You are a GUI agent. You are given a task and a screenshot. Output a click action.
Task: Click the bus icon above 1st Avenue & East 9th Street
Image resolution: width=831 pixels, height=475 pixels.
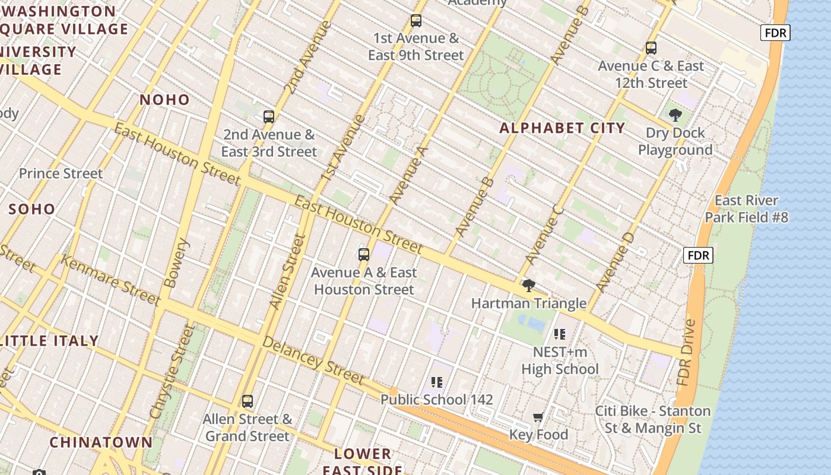click(x=416, y=21)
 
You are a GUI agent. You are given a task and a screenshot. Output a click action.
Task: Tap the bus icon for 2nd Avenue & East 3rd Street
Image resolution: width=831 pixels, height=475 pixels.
click(x=269, y=117)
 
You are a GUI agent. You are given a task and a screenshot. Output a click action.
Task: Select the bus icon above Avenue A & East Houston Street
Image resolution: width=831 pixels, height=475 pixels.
click(x=364, y=255)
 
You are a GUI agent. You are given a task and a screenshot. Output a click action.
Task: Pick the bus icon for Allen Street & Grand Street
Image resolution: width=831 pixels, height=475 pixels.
click(x=248, y=401)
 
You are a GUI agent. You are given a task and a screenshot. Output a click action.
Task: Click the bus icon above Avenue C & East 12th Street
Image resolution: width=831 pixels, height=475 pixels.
click(x=651, y=48)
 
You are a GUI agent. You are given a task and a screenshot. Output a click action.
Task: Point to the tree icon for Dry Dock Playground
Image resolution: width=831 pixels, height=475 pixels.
click(x=675, y=115)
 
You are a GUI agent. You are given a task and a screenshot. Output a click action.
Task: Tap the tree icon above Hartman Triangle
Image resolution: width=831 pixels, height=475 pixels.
click(x=528, y=286)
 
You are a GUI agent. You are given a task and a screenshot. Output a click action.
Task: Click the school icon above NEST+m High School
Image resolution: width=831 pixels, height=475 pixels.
click(x=559, y=335)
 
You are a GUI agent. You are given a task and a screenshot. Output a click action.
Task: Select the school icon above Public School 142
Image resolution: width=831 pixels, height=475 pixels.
click(x=437, y=382)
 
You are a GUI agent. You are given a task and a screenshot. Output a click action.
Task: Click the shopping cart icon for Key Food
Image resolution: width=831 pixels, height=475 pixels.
click(x=538, y=417)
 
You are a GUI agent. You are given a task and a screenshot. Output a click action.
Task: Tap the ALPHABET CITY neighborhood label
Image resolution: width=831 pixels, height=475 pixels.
click(x=562, y=128)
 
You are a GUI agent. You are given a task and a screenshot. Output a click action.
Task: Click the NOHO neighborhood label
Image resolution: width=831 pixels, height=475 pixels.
click(x=164, y=100)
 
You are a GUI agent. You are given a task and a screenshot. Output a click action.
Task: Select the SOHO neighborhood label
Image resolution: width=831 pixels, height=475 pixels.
click(x=32, y=209)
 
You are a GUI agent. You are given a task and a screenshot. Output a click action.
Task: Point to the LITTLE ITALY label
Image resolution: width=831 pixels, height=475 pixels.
click(x=50, y=341)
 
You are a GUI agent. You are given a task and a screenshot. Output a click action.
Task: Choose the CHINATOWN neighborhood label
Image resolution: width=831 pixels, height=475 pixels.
click(x=101, y=442)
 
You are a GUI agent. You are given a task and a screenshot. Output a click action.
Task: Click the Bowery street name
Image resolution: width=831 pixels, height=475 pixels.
click(x=176, y=263)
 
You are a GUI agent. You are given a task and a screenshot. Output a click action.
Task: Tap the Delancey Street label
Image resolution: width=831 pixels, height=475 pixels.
click(x=313, y=360)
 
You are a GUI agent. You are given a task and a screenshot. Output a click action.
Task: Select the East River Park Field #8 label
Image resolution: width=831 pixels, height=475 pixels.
click(x=746, y=209)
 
